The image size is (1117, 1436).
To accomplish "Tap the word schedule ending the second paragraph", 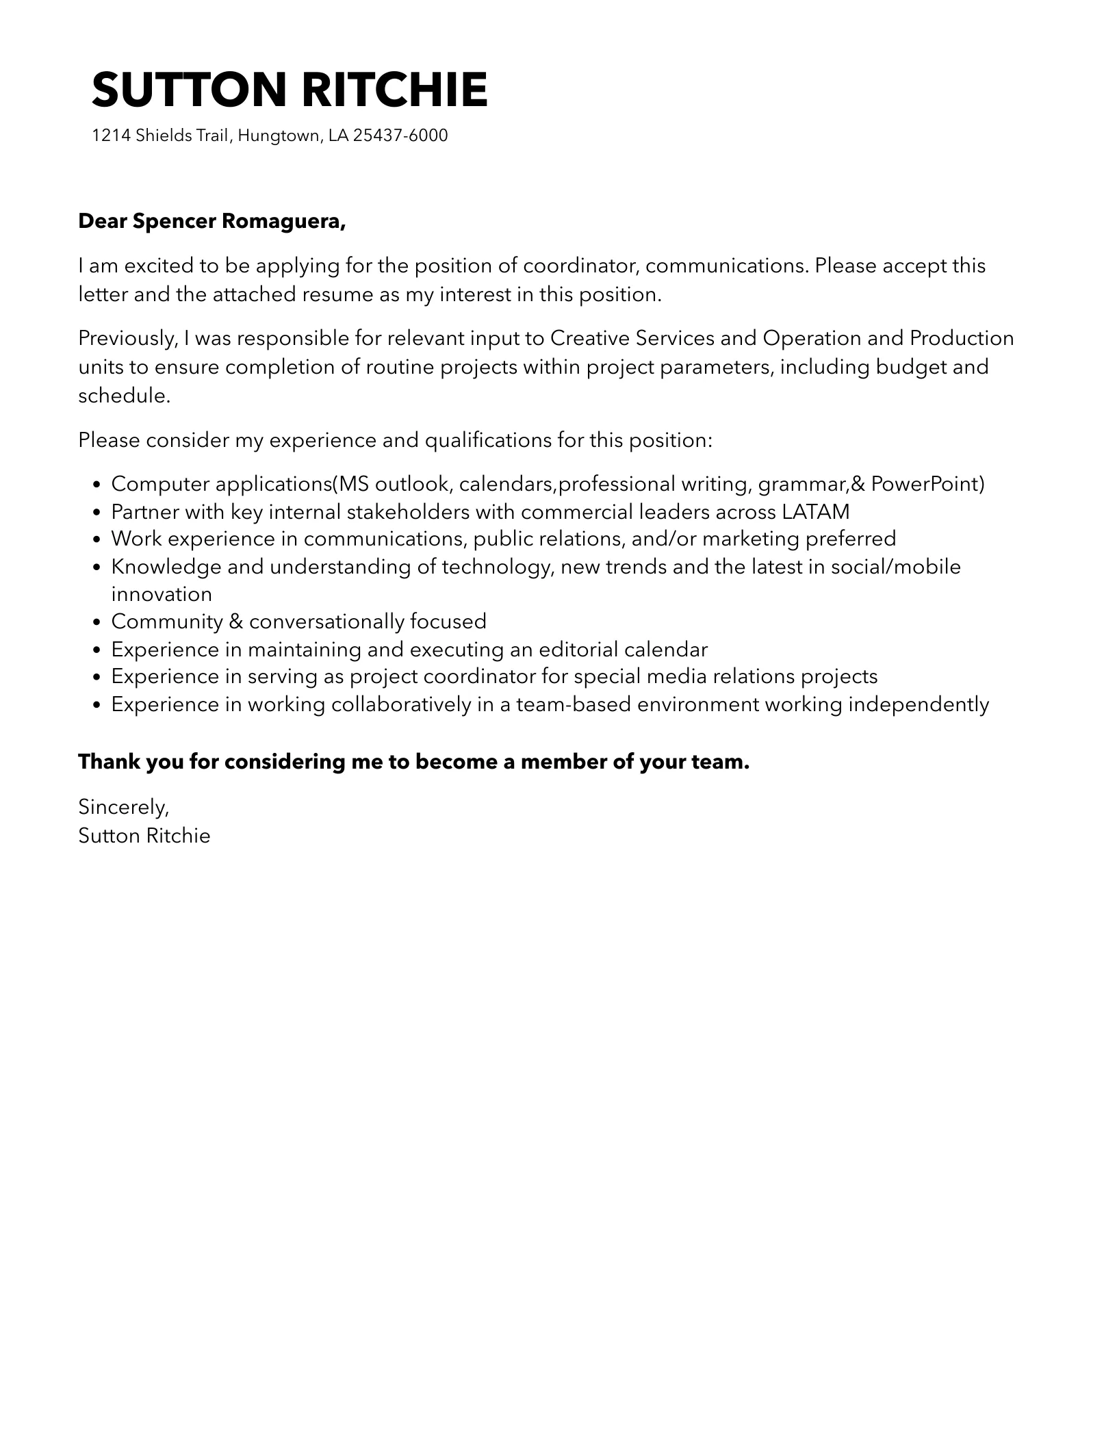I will tap(123, 396).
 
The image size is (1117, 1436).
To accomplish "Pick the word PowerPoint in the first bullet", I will tap(927, 484).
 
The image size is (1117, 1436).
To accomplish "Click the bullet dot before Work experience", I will tap(97, 539).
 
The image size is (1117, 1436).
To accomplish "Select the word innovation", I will tap(162, 593).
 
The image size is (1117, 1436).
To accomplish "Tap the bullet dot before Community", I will tap(97, 622).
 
